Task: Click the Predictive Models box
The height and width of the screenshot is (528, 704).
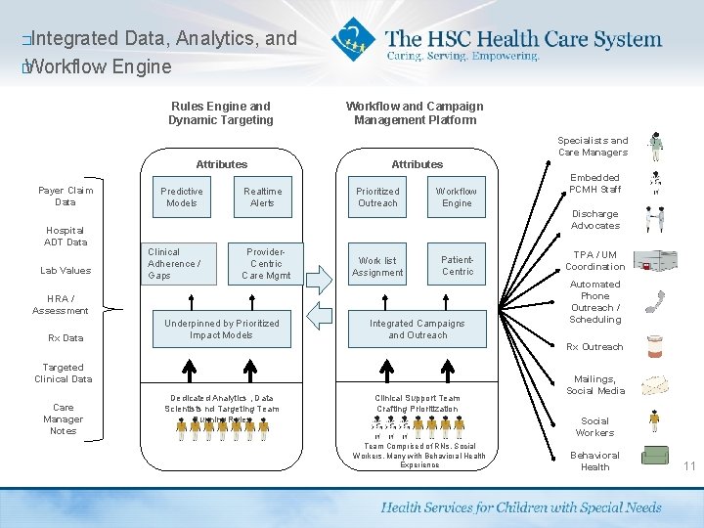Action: tap(182, 198)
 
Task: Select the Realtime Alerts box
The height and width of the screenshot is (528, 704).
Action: tap(262, 198)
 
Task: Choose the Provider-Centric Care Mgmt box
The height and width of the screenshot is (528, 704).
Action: tap(265, 264)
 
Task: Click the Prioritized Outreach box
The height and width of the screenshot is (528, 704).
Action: tap(377, 198)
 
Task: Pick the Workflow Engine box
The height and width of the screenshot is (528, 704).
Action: tap(457, 198)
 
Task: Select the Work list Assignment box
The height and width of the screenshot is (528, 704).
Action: tap(377, 266)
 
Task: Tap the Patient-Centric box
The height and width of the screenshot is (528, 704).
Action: tap(457, 266)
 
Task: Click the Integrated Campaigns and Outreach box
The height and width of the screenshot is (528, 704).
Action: tap(418, 330)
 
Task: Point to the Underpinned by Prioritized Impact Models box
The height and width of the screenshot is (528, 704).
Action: tap(222, 330)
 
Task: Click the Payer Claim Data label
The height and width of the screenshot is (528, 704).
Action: tap(66, 196)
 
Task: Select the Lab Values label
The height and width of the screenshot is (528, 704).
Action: tap(66, 271)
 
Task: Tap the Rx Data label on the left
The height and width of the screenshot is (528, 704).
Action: tap(66, 338)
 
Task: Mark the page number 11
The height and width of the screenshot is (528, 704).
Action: tap(689, 466)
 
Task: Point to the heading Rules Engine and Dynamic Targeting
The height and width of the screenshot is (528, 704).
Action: tap(221, 113)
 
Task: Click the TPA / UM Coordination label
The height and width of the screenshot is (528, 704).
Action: tap(594, 260)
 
